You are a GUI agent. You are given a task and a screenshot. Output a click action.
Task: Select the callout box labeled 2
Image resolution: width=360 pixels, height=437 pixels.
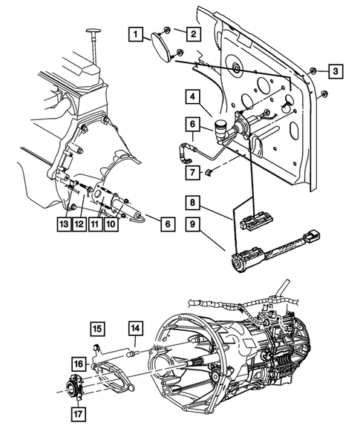pos(192,33)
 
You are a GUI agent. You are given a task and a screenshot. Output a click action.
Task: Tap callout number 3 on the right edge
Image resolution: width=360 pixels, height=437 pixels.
pos(336,70)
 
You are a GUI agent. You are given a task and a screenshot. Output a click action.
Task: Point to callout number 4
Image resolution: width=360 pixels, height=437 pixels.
pos(191,96)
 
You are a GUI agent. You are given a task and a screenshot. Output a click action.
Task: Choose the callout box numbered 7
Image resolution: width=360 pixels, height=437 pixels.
pos(191,173)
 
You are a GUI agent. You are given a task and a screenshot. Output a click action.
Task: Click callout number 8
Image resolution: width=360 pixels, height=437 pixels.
pos(191,202)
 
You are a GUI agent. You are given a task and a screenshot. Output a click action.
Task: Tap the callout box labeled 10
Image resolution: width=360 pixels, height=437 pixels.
pos(110,224)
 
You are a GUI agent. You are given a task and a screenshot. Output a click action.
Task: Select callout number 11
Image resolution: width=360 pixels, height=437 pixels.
pos(94,224)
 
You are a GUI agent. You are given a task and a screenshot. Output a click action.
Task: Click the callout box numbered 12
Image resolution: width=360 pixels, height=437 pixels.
pos(79,224)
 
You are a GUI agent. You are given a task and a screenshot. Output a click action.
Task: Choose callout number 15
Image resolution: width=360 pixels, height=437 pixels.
pos(98,326)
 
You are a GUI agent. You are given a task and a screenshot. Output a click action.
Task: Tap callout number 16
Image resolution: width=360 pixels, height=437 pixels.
pos(78,364)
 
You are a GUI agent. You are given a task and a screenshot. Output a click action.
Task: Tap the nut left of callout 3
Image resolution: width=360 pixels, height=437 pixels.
pos(312,71)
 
